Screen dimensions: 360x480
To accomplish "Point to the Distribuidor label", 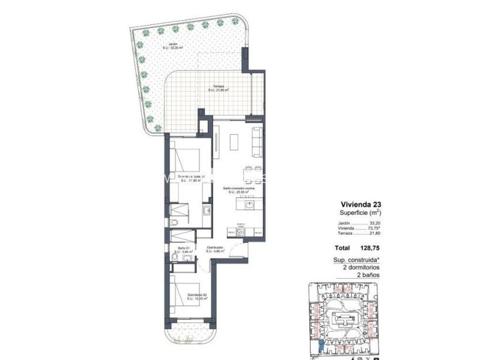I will [216, 249].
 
